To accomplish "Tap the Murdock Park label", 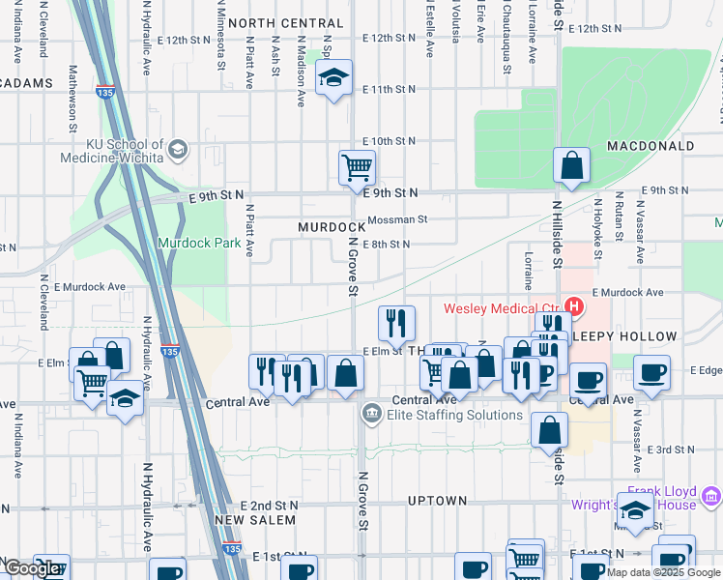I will tap(199, 244).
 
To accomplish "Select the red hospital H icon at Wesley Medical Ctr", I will tap(575, 308).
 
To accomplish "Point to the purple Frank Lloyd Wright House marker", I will tap(712, 497).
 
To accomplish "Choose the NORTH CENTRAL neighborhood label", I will tap(285, 23).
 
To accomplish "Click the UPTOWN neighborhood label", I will tap(437, 501).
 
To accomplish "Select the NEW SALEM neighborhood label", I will tap(255, 520).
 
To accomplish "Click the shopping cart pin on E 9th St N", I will tap(357, 166).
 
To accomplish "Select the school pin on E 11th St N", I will tap(333, 79).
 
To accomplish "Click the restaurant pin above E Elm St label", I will tap(395, 323).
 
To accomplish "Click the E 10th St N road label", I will tap(389, 141).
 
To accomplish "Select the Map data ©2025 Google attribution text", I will tap(663, 572).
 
